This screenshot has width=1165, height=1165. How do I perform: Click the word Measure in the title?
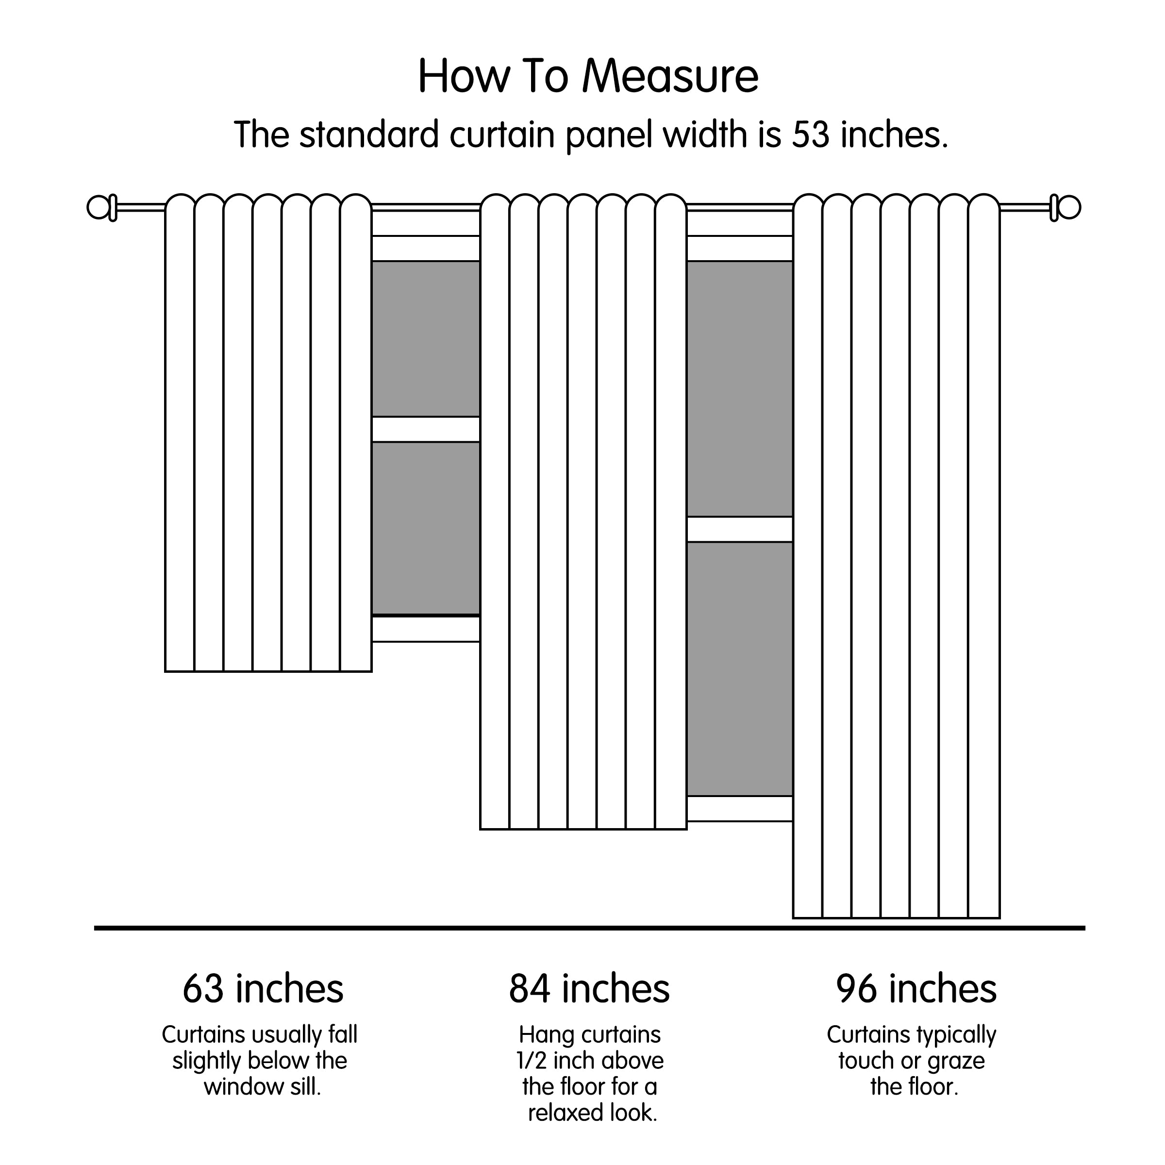coord(670,77)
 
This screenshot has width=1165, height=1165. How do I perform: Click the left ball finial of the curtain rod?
coord(98,207)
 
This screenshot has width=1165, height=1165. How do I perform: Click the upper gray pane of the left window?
coord(426,338)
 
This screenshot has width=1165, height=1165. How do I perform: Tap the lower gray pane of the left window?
coord(426,528)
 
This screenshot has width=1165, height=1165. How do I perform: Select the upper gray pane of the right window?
coord(739,388)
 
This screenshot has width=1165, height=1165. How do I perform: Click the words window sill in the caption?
coord(262,1087)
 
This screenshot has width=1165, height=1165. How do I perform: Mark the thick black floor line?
coord(589,928)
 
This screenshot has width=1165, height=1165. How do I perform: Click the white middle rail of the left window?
coord(426,429)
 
